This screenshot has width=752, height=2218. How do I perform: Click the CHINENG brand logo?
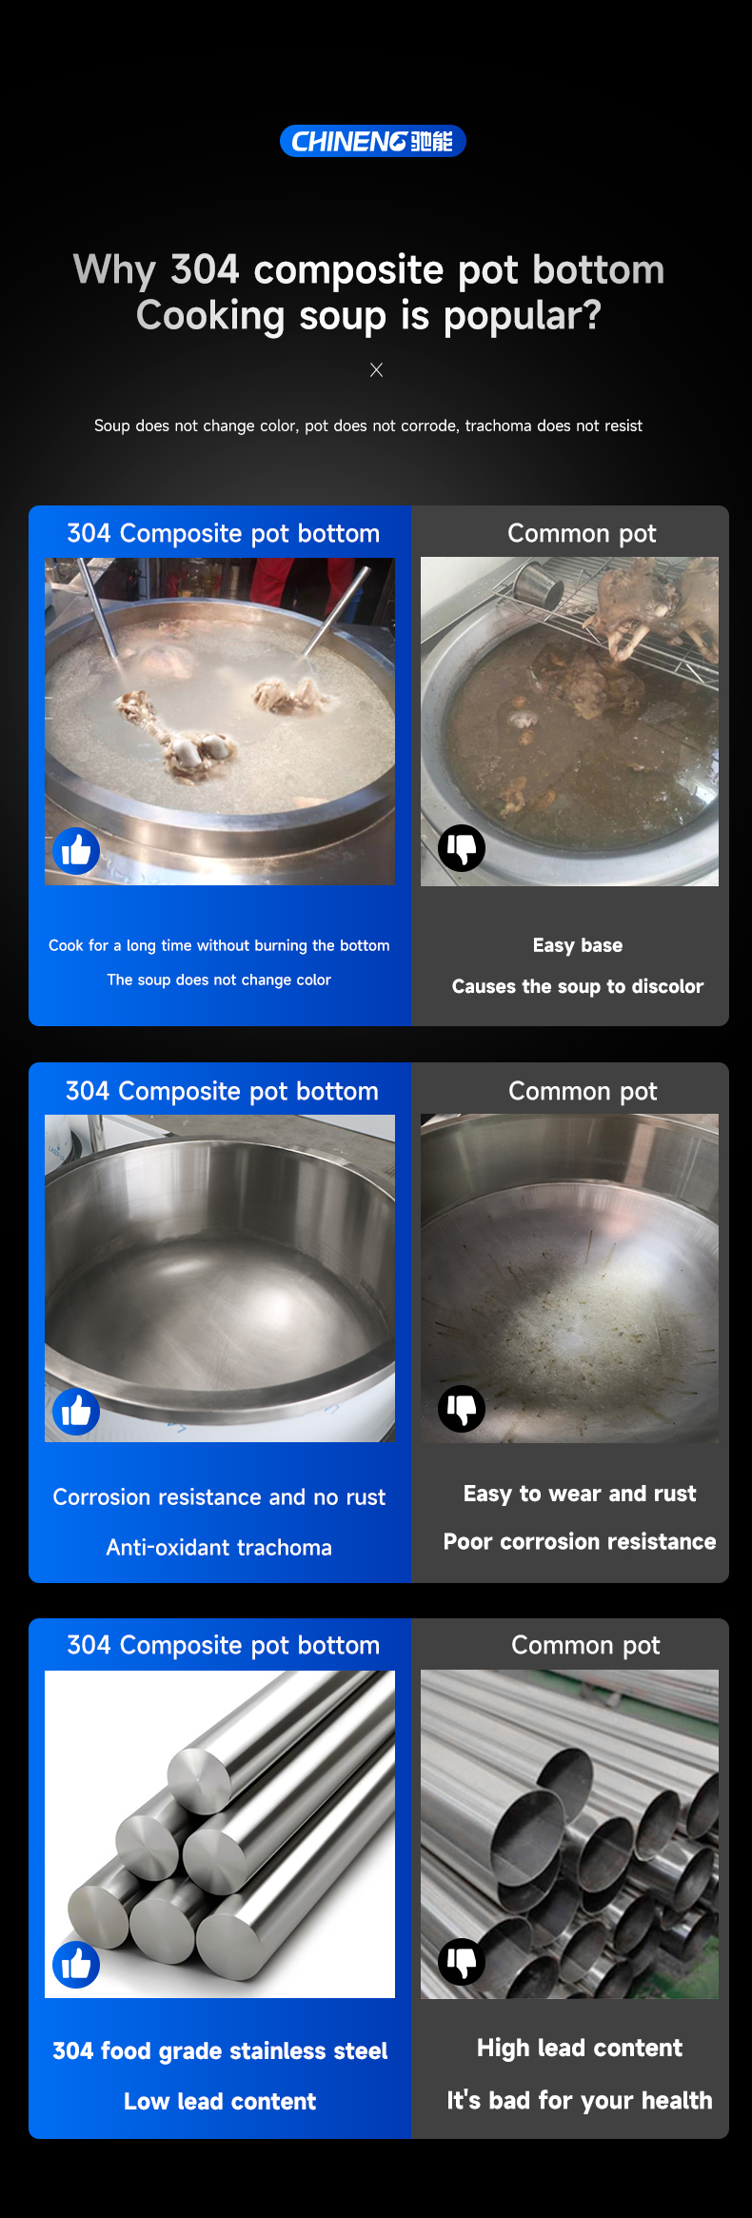(x=372, y=141)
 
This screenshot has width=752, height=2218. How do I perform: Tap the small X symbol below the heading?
(x=376, y=369)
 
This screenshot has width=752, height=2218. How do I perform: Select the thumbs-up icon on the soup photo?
(x=76, y=850)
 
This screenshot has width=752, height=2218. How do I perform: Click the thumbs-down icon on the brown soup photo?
(x=462, y=847)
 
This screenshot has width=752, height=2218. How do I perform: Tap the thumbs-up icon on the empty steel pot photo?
(x=76, y=1411)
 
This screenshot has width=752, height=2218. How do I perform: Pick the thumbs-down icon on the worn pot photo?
(x=462, y=1408)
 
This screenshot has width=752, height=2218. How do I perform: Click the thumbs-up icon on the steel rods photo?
(x=76, y=1964)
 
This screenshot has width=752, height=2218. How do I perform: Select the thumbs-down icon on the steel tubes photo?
(x=462, y=1961)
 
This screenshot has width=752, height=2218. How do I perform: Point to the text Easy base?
(x=578, y=945)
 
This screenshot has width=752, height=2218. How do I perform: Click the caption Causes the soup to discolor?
(x=578, y=986)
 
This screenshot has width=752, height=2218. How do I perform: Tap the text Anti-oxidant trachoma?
(x=219, y=1548)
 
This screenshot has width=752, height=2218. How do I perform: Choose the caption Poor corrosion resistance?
(x=580, y=1541)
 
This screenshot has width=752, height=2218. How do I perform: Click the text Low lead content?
(x=220, y=2101)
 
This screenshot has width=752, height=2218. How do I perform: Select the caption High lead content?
(x=580, y=2048)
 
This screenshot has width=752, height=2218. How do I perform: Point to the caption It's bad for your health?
(x=580, y=2100)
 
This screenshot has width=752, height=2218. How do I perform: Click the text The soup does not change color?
(x=219, y=980)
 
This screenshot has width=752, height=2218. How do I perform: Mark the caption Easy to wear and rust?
(x=580, y=1494)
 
